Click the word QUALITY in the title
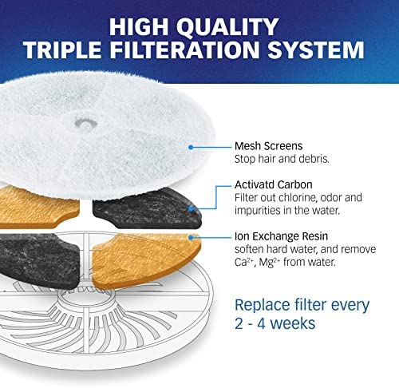tap(227, 26)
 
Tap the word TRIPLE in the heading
tap(62, 49)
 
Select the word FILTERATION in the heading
tap(184, 49)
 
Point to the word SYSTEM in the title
tap(316, 49)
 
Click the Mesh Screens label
tap(269, 146)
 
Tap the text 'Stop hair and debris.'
tap(282, 159)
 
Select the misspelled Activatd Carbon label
tap(274, 184)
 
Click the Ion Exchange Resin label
tap(281, 236)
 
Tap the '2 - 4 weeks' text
tap(275, 323)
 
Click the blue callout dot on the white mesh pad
tap(191, 147)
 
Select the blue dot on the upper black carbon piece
tap(191, 208)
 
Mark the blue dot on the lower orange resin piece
tap(191, 237)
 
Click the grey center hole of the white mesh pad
tap(85, 124)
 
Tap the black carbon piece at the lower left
tap(38, 259)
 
